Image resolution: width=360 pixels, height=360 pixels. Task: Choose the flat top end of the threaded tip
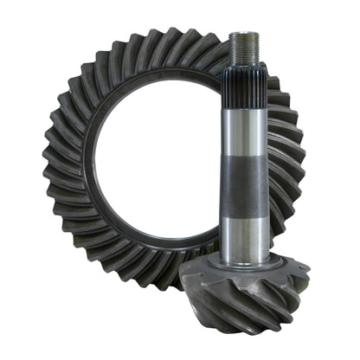(x=244, y=35)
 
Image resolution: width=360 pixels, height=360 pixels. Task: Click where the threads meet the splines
(x=245, y=66)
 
